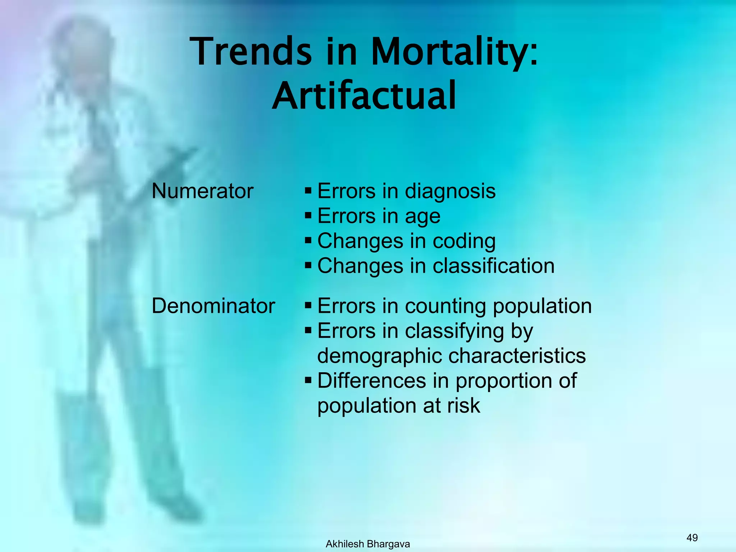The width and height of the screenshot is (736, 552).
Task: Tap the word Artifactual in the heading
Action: tap(364, 96)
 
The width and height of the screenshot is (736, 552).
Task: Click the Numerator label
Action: tap(202, 191)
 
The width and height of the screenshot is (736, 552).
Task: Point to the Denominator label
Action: tap(213, 306)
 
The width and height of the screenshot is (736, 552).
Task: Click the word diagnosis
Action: tap(450, 192)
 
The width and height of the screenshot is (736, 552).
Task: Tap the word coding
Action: tap(464, 241)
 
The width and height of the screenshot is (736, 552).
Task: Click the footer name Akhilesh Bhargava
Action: tap(368, 544)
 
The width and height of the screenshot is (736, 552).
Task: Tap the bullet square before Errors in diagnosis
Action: tap(308, 190)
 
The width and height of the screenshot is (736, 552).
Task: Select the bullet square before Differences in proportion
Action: tap(308, 380)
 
